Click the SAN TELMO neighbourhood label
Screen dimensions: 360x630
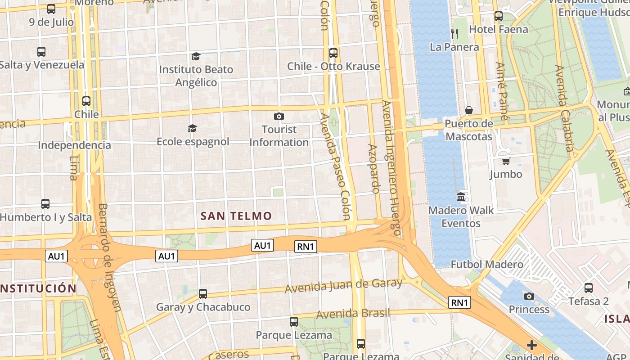coord(236,216)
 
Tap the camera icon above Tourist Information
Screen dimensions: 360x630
coord(279,117)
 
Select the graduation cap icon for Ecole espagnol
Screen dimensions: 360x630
coord(193,129)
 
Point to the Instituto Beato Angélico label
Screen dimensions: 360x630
coord(196,76)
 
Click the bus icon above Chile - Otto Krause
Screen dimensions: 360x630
coord(333,53)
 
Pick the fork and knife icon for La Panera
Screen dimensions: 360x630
coord(454,33)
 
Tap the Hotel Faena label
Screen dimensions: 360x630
coord(498,30)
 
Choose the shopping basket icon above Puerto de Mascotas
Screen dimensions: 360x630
coord(469,110)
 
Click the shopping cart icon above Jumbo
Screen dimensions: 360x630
coord(506,161)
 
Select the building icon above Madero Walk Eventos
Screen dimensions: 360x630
coord(461,197)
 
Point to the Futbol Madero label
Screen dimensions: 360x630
coord(487,264)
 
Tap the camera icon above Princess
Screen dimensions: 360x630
coord(529,296)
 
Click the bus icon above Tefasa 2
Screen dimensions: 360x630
coord(588,288)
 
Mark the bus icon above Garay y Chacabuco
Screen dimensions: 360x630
coord(203,294)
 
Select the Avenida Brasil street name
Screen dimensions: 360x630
coord(353,314)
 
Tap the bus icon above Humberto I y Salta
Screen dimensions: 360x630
coord(45,204)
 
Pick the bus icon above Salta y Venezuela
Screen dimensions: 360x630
coord(41,52)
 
